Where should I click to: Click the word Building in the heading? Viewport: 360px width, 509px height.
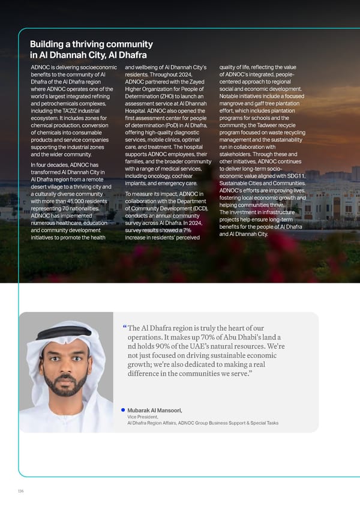click(50, 44)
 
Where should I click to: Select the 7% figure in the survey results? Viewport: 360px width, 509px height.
click(188, 230)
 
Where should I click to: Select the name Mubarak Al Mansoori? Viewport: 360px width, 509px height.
click(155, 410)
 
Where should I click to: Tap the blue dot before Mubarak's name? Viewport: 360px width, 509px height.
click(122, 410)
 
